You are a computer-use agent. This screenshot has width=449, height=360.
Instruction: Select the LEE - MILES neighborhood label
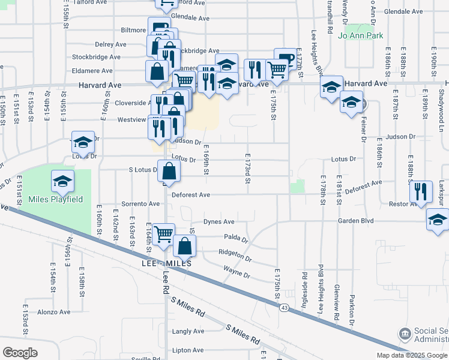point(166,264)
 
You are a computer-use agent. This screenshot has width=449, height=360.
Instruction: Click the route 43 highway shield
point(283,307)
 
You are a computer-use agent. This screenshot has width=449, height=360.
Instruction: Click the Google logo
point(20,352)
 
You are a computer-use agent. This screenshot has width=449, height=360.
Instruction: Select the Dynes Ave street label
point(218,221)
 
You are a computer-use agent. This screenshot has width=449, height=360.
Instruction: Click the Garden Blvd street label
point(355,221)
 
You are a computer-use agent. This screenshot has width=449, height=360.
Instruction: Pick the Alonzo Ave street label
point(54,312)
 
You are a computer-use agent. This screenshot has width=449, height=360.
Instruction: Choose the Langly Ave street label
point(188,331)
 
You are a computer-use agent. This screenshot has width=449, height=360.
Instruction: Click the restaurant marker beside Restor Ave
point(420,193)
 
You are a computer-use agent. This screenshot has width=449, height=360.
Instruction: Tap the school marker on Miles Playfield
point(63,182)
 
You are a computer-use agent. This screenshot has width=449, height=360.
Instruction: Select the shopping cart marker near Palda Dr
point(163,235)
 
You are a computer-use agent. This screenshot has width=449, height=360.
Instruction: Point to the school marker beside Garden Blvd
point(438,220)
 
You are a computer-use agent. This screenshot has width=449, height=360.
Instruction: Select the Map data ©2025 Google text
point(411,355)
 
